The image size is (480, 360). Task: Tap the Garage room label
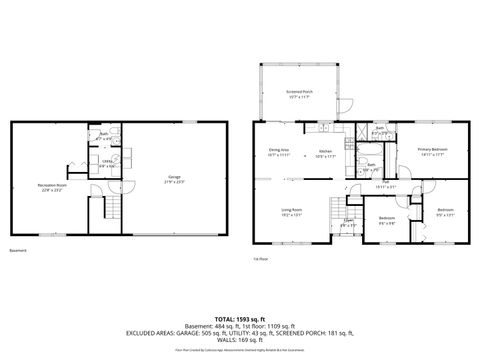(175, 177)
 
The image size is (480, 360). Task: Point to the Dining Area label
(279, 150)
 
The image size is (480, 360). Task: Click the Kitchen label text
(325, 150)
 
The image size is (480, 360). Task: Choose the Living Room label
(291, 210)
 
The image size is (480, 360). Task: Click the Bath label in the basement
(103, 133)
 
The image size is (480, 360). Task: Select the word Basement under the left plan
(18, 250)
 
